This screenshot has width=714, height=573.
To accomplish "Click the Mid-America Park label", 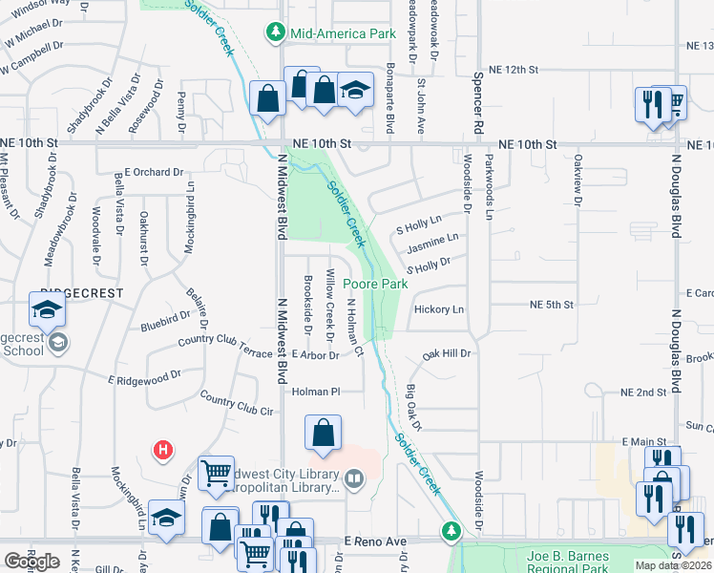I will (x=343, y=33).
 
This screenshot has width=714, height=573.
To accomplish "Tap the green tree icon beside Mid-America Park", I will (x=276, y=33).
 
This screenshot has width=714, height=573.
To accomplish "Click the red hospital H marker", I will (x=164, y=448).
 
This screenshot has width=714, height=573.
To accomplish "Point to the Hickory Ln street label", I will (x=439, y=309).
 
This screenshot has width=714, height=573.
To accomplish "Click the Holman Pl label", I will (x=316, y=392).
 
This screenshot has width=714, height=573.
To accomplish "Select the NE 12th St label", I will (x=514, y=71).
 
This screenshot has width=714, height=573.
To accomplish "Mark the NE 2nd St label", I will (x=642, y=393).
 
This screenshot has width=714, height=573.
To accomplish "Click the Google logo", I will (x=31, y=562).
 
